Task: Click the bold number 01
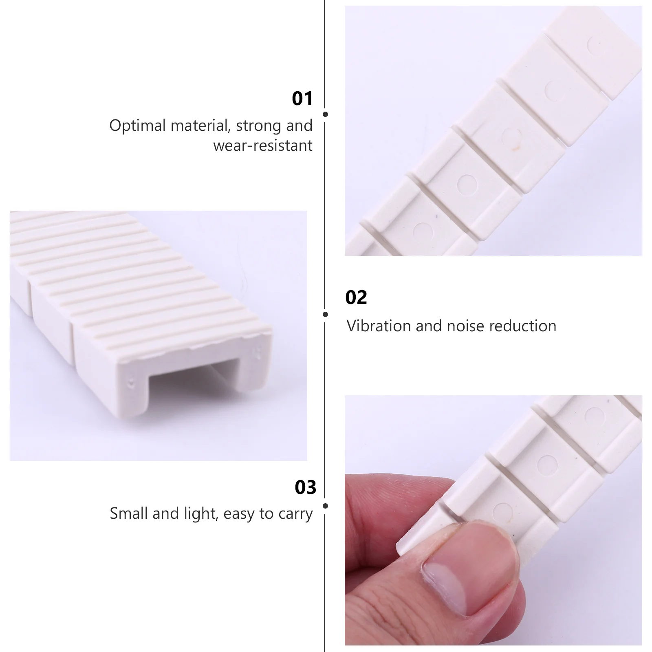302,99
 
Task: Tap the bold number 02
356,297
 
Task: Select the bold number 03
305,487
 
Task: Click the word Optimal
137,126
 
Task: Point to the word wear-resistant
263,145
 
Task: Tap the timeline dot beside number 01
325,115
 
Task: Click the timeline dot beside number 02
325,314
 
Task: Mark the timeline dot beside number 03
325,506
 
